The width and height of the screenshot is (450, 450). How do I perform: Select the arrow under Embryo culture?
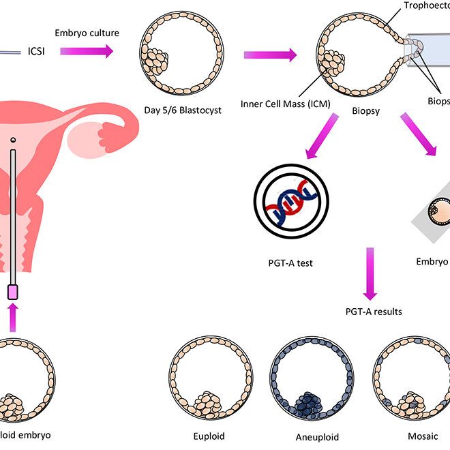click(86, 50)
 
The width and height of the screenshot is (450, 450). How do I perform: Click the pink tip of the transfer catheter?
click(12, 292)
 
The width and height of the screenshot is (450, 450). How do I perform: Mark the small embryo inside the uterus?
click(12, 139)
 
